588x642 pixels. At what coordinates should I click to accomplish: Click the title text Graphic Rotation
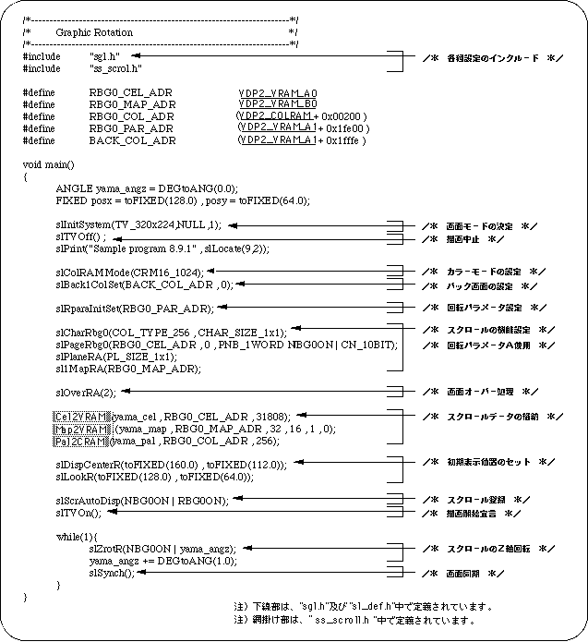pyautogui.click(x=94, y=31)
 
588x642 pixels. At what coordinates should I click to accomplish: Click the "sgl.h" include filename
pyautogui.click(x=104, y=55)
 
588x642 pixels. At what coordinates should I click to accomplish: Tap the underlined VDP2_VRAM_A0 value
pyautogui.click(x=277, y=93)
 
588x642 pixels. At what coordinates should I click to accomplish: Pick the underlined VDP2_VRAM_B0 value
pyautogui.click(x=277, y=105)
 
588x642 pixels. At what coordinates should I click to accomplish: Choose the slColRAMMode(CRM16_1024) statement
pyautogui.click(x=129, y=273)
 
